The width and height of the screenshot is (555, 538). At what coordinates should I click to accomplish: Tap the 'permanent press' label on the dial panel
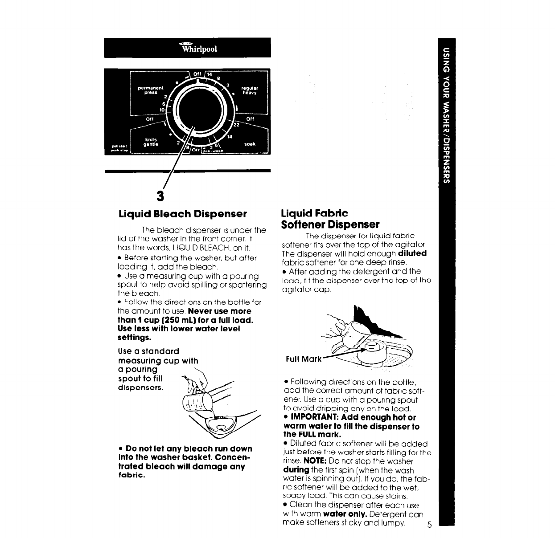[x=151, y=91]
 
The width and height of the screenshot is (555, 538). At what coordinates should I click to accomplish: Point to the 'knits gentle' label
[x=151, y=142]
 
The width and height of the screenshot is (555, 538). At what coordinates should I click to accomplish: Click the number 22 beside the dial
[x=236, y=126]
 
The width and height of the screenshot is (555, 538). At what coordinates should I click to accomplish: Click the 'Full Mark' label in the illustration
[x=304, y=359]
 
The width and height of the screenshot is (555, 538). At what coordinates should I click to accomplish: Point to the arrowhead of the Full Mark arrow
[x=366, y=351]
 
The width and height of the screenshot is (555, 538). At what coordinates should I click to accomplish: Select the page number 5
[x=429, y=525]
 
